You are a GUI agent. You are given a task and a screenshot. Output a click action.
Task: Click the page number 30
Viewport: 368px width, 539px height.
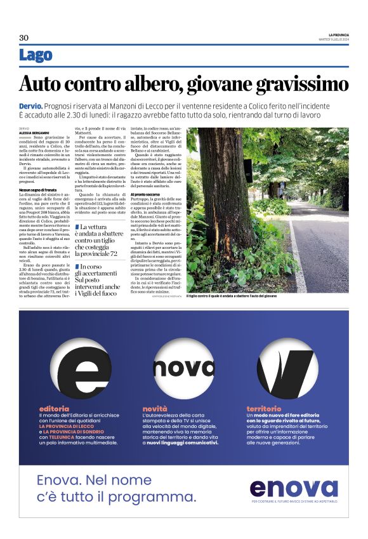23,37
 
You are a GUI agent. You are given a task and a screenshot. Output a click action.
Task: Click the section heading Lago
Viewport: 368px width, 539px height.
36,55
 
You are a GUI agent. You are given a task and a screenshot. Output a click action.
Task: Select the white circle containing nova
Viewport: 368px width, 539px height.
184,368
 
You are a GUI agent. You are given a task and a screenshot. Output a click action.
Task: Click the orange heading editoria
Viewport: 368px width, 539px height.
54,408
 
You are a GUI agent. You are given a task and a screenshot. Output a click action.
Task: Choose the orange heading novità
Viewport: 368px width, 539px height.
155,408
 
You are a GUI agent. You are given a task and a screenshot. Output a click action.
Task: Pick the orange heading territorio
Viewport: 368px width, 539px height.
263,408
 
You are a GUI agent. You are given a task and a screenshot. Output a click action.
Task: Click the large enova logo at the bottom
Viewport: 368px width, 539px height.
293,487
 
